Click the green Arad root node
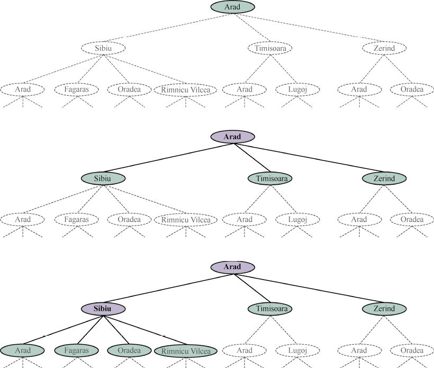(x=233, y=7)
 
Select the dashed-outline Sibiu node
(x=103, y=48)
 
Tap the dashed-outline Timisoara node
(x=270, y=48)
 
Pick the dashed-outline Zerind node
(x=385, y=48)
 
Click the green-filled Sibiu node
(x=103, y=178)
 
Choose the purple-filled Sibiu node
(x=103, y=308)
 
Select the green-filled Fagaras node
(x=76, y=350)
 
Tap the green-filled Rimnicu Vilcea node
(x=186, y=351)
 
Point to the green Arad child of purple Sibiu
(x=23, y=350)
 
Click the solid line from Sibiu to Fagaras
(x=89, y=329)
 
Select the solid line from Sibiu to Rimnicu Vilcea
(x=144, y=329)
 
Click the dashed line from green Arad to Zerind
(x=312, y=28)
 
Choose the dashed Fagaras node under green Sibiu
(x=76, y=219)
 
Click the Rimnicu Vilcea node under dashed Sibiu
(x=186, y=89)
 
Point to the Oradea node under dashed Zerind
(x=412, y=89)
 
